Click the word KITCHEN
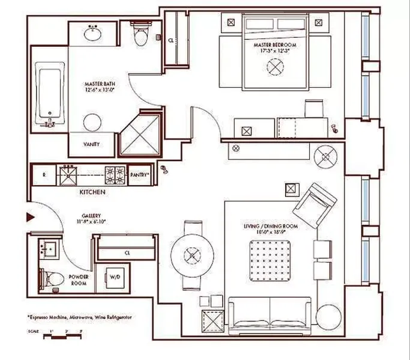tap(92, 192)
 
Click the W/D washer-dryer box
tap(115, 277)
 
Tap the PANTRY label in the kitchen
tap(140, 175)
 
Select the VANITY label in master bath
tap(91, 144)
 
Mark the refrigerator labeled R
tap(44, 175)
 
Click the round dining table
tap(191, 254)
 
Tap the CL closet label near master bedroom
tap(170, 41)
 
